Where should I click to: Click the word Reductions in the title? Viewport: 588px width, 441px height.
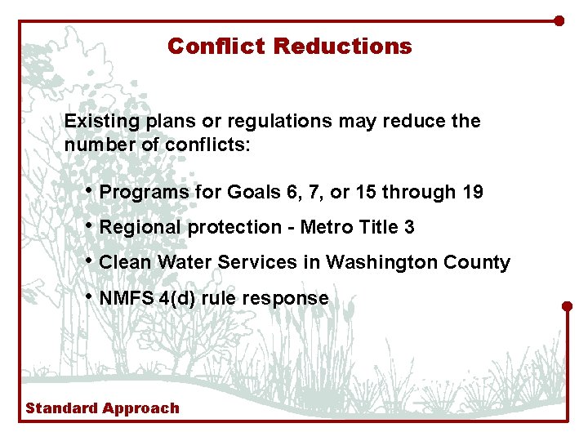click(343, 47)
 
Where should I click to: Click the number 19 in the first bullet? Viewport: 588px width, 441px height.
click(472, 193)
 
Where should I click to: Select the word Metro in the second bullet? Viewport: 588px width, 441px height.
click(326, 228)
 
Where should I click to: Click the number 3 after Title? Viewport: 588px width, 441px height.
click(409, 228)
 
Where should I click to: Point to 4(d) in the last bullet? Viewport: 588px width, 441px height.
click(177, 299)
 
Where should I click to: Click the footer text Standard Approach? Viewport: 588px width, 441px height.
click(102, 408)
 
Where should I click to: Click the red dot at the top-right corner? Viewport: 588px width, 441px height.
click(559, 20)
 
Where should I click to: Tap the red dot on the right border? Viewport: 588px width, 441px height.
click(568, 306)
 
